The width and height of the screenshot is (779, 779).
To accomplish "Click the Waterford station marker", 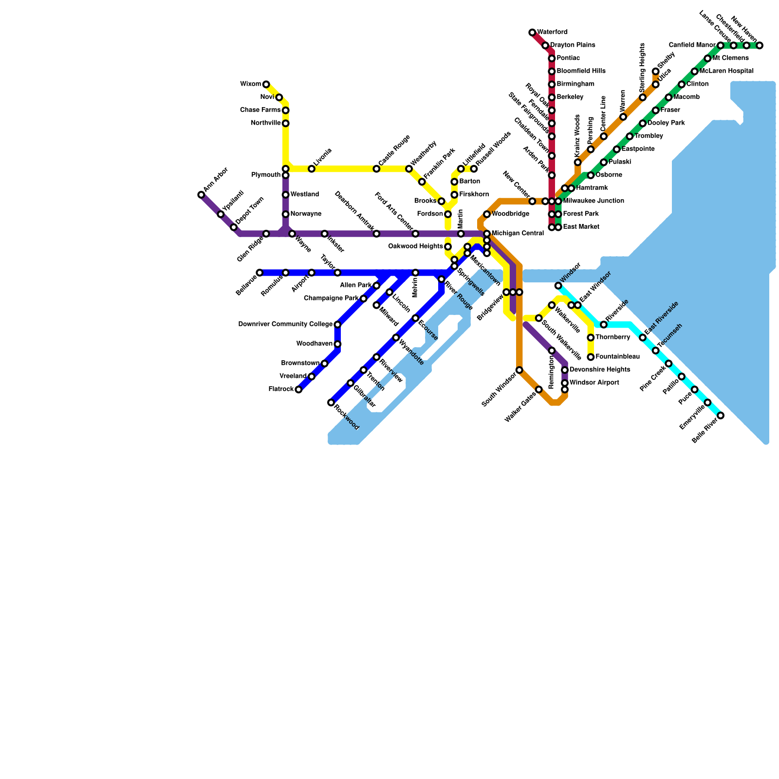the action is pos(532,33).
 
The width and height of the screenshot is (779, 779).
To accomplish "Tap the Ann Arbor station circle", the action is pos(201,195).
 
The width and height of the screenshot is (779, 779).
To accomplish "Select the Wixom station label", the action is pos(250,84).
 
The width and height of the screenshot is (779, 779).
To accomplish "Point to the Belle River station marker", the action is pos(721,415).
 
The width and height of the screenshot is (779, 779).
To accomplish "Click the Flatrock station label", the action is pos(281,389).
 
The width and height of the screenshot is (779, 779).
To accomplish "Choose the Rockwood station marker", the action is pos(331,403).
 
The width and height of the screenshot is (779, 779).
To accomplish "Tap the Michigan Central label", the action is pos(518,234).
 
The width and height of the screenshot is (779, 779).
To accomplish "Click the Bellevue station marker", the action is pos(260,273).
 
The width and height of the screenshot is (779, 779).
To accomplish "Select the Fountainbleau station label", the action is pos(617,357).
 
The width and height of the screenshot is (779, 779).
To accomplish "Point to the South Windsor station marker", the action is pos(519,370).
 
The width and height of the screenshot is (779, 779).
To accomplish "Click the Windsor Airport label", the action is pos(594,383).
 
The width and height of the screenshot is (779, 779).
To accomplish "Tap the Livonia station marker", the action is pos(312,169).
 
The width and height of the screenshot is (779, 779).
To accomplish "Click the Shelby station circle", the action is pos(656,72).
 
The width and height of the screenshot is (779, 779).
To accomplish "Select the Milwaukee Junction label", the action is pos(594,201).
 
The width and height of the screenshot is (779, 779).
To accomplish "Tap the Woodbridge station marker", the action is pos(487,214).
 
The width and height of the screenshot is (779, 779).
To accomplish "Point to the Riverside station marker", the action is pos(604,325).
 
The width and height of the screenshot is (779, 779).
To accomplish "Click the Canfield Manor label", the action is pos(692,45).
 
